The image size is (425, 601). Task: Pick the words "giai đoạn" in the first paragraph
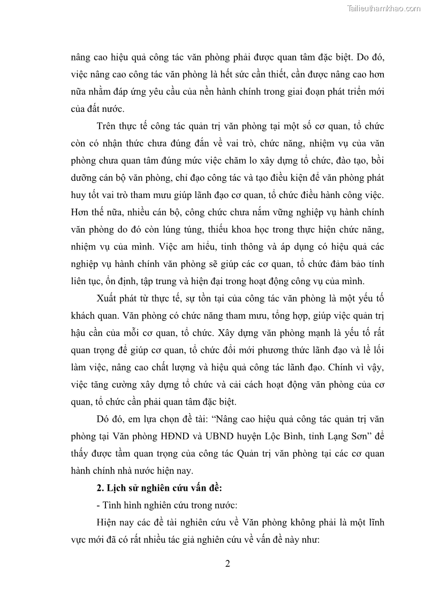click(303, 91)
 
